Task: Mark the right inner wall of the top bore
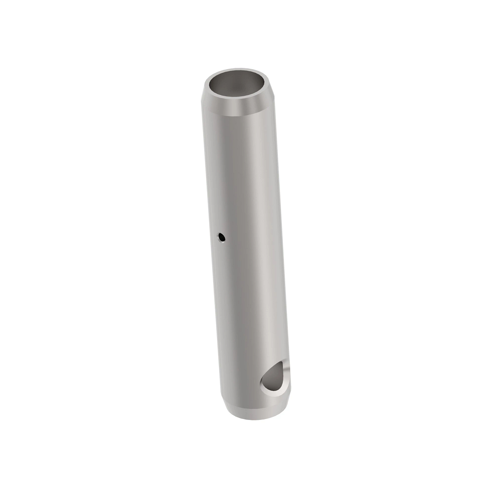(263, 86)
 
